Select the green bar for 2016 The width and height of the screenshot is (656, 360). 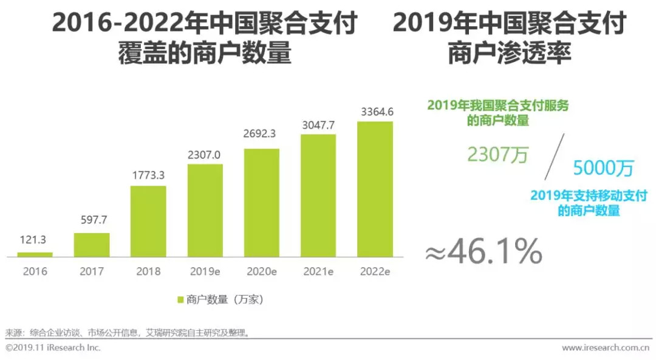click(35, 254)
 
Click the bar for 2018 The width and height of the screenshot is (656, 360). click(148, 221)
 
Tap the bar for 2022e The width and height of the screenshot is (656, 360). click(375, 189)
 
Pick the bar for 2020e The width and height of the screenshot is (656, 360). click(262, 202)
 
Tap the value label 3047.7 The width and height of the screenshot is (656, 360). click(318, 125)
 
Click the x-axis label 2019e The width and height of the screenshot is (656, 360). click(205, 271)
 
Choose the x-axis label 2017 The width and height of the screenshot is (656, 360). click(92, 271)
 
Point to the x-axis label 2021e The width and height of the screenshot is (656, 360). click(318, 271)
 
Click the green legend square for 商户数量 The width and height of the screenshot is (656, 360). click(180, 299)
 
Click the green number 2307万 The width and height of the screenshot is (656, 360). click(497, 155)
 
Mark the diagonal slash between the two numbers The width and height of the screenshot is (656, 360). click(554, 156)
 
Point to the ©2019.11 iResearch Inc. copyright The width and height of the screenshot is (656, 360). click(53, 348)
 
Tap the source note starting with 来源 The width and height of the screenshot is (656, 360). click(128, 333)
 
